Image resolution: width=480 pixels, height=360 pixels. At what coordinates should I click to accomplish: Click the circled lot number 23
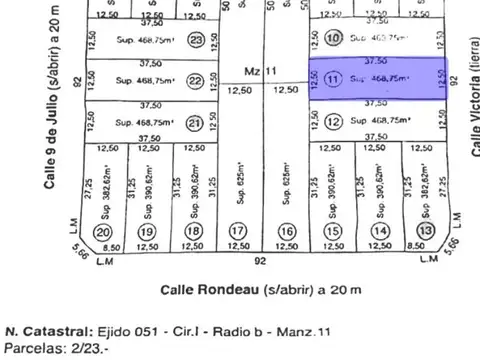[x=196, y=40]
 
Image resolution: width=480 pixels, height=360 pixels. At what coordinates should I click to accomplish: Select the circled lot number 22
[x=196, y=81]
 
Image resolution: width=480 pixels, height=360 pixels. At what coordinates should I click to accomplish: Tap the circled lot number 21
[x=195, y=123]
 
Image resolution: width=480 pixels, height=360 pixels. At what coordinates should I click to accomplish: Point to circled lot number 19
[x=148, y=231]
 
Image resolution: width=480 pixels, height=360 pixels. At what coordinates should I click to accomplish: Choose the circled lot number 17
[x=239, y=231]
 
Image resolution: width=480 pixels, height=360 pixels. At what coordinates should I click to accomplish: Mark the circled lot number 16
[x=286, y=231]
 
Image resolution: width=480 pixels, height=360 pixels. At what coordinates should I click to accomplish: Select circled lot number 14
[x=380, y=231]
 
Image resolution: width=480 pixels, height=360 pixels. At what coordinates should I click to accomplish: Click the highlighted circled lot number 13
[x=426, y=231]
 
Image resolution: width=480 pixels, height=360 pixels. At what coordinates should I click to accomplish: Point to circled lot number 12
[x=334, y=122]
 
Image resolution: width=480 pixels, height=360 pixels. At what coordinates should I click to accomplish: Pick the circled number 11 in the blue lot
[x=333, y=77]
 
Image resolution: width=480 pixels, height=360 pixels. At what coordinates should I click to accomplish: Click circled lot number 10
[x=334, y=38]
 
